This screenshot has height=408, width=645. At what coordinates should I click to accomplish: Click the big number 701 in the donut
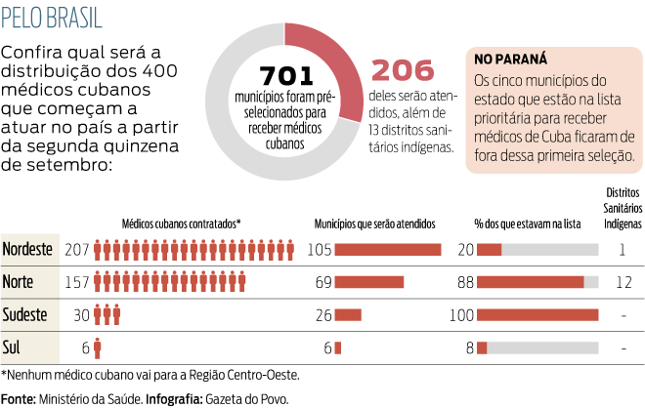coord(285,76)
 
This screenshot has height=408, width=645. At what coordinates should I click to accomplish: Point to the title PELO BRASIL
coord(51,19)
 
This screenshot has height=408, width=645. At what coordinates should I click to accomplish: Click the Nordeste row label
coord(28,249)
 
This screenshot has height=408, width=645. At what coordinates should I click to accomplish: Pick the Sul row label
coord(14,347)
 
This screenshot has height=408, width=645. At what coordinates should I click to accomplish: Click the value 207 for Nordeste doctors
coord(77,249)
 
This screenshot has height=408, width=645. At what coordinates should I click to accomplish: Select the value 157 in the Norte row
coord(77,282)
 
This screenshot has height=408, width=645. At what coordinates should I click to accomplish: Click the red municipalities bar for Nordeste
coord(388,249)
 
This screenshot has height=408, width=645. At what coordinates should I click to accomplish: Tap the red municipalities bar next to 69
coord(369,282)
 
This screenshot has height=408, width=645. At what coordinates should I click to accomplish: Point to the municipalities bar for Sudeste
coord(348,314)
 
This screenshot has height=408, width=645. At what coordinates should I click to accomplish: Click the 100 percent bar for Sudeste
coord(537,314)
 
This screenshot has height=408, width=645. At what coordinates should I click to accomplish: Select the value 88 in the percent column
coord(465,282)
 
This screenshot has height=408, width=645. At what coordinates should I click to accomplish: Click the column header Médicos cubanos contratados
coord(182,223)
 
